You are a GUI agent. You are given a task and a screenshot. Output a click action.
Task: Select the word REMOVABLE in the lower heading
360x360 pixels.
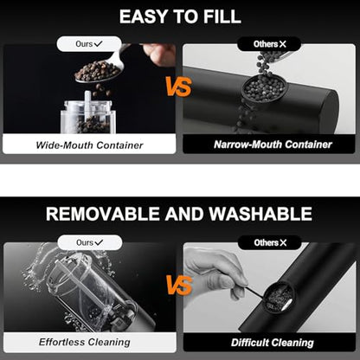(x=103, y=214)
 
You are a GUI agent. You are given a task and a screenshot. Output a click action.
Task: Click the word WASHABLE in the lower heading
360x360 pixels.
(x=260, y=214)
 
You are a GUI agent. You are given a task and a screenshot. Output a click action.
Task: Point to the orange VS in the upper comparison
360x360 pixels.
(x=179, y=87)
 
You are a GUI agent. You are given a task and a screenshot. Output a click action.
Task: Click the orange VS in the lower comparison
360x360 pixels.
(x=179, y=286)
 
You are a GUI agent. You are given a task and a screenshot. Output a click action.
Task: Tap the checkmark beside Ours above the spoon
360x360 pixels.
(x=98, y=44)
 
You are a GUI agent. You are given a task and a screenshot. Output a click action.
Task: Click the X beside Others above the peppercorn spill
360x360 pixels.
(x=283, y=44)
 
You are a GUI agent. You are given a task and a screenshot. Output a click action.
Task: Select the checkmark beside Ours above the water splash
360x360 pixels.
(x=99, y=242)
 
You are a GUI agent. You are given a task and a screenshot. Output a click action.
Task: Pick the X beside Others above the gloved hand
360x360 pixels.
(x=283, y=243)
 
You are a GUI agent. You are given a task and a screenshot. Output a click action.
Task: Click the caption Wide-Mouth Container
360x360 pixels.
(x=89, y=145)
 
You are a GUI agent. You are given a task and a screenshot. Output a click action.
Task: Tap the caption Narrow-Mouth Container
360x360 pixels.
(x=273, y=145)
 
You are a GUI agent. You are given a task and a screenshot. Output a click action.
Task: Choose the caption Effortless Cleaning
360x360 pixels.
(x=85, y=342)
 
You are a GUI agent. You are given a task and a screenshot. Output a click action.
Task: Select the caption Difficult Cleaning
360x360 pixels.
(x=273, y=343)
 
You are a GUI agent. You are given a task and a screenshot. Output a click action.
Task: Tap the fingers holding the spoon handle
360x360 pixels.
(x=159, y=54)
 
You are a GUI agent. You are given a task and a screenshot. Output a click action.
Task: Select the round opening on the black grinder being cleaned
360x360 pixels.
(x=279, y=297)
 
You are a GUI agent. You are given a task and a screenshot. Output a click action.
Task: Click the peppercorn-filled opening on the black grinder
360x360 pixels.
(x=265, y=87)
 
